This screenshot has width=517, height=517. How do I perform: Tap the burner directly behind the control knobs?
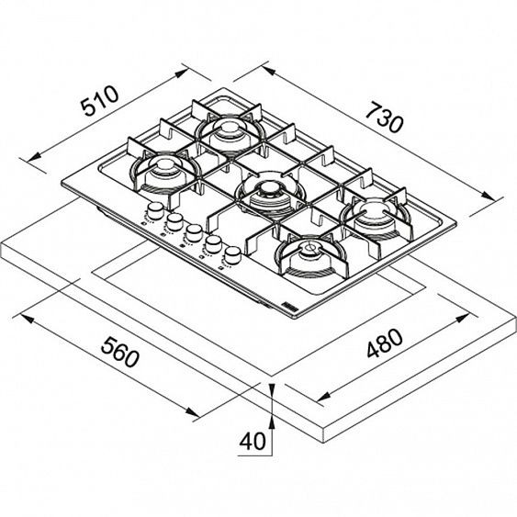[162, 170]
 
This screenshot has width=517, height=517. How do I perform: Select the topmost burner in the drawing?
[224, 129]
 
